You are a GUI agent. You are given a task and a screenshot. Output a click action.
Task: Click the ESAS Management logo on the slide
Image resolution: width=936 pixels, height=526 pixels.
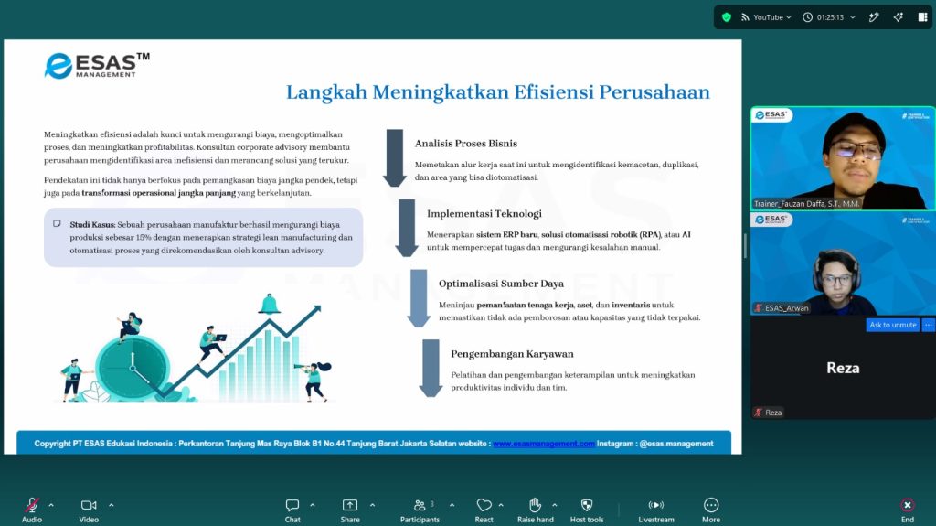97,66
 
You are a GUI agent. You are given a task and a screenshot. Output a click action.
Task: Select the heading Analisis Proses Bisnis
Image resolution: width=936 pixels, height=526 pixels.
465,144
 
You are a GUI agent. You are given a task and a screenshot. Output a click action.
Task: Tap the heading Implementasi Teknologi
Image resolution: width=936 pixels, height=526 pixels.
484,213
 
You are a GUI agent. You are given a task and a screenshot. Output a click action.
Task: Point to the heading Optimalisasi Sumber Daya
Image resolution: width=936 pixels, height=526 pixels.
501,284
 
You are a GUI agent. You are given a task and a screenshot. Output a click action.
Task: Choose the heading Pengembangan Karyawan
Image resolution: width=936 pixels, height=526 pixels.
512,354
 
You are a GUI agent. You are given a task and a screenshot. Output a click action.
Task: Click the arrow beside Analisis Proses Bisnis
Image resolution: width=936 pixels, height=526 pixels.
395,157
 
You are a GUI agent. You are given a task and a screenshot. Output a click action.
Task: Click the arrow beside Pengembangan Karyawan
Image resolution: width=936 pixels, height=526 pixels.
431,368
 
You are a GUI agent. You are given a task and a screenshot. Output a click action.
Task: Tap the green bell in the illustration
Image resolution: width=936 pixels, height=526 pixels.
270,305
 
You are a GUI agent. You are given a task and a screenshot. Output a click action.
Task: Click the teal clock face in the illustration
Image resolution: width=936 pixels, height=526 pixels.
133,367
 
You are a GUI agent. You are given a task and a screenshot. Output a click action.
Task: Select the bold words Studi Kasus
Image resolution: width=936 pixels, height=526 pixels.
92,225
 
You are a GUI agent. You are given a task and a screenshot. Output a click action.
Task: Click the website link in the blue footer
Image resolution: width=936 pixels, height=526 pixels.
544,444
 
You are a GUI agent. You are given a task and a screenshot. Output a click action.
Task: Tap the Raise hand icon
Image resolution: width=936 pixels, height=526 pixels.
535,505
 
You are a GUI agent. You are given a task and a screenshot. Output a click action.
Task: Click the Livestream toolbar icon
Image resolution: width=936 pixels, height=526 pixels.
656,505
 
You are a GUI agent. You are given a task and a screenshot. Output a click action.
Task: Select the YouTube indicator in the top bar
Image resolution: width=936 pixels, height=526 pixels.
766,17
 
